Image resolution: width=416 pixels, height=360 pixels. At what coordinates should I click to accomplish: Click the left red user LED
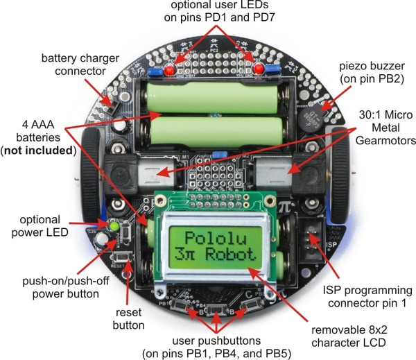pyautogui.click(x=172, y=69)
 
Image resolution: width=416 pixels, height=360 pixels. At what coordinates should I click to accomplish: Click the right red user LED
pyautogui.click(x=259, y=68)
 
